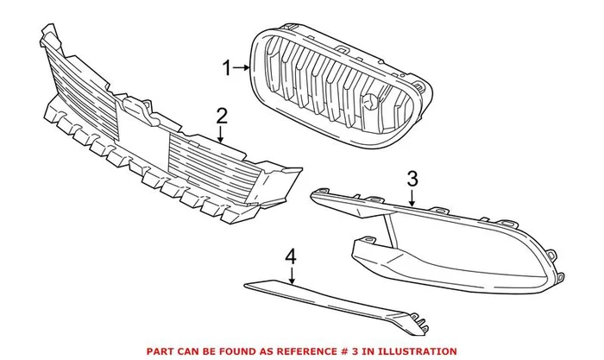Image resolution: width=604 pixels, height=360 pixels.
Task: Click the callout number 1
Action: [x=228, y=67]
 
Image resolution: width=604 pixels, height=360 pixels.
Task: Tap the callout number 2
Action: [x=222, y=116]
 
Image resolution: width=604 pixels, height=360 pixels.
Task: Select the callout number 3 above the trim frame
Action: [x=412, y=180]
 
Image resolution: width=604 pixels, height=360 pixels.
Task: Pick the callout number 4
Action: [x=292, y=256]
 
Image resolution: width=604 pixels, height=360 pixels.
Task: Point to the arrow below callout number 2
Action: [x=222, y=134]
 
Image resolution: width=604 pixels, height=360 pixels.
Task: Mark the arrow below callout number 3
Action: [x=412, y=198]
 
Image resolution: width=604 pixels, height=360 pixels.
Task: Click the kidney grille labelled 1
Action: [x=337, y=78]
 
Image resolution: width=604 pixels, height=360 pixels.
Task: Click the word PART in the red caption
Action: [x=162, y=351]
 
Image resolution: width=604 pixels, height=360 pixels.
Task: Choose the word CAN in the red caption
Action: [x=194, y=351]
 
